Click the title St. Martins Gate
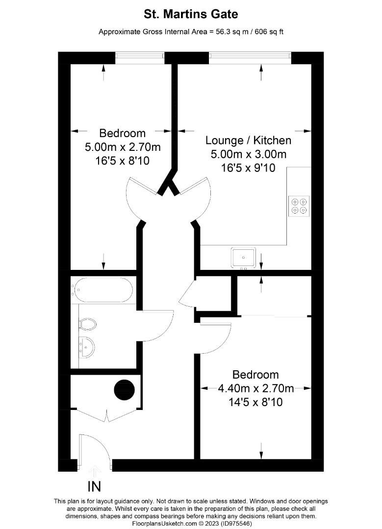[191, 15]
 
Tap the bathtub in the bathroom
[102, 290]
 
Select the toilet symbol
[87, 324]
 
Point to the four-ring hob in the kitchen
[299, 206]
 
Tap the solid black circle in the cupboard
[125, 390]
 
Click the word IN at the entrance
[95, 487]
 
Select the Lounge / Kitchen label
[248, 141]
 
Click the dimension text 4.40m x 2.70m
[255, 389]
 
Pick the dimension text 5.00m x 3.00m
[248, 154]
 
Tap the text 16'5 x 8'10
[123, 160]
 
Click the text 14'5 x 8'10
[255, 403]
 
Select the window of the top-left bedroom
[140, 57]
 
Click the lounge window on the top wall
[250, 57]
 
